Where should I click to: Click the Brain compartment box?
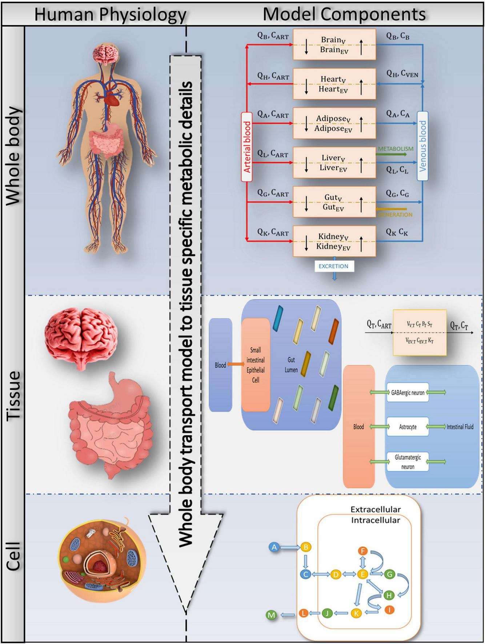334,45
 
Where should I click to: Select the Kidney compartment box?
334,241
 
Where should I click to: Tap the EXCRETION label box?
333,266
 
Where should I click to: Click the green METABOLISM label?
396,149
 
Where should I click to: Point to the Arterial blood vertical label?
247,147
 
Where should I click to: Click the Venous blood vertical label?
422,146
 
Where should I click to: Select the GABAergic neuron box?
408,393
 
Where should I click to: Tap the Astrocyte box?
408,427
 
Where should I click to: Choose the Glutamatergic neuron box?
408,462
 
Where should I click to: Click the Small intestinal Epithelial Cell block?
256,365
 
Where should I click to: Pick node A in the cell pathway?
274,547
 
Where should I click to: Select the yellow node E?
362,574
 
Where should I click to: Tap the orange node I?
389,610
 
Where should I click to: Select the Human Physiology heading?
110,15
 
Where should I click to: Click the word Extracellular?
375,510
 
